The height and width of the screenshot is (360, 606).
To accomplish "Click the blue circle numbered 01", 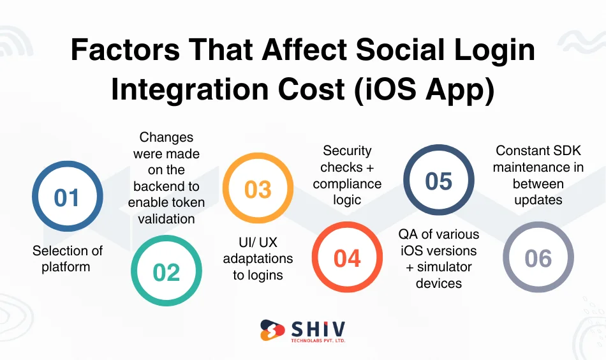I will click(x=66, y=196).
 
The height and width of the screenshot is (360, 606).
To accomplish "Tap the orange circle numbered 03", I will click(x=258, y=190).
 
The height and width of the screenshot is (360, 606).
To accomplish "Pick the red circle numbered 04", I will click(x=347, y=257).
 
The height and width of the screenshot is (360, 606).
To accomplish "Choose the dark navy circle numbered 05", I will click(x=439, y=181).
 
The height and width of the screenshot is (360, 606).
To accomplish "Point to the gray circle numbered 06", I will click(x=538, y=258).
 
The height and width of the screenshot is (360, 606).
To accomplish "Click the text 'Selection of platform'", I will click(x=66, y=259).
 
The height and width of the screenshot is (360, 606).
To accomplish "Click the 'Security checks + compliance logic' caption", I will click(x=347, y=176).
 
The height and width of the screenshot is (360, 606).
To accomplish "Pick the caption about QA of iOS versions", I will click(x=439, y=259).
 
